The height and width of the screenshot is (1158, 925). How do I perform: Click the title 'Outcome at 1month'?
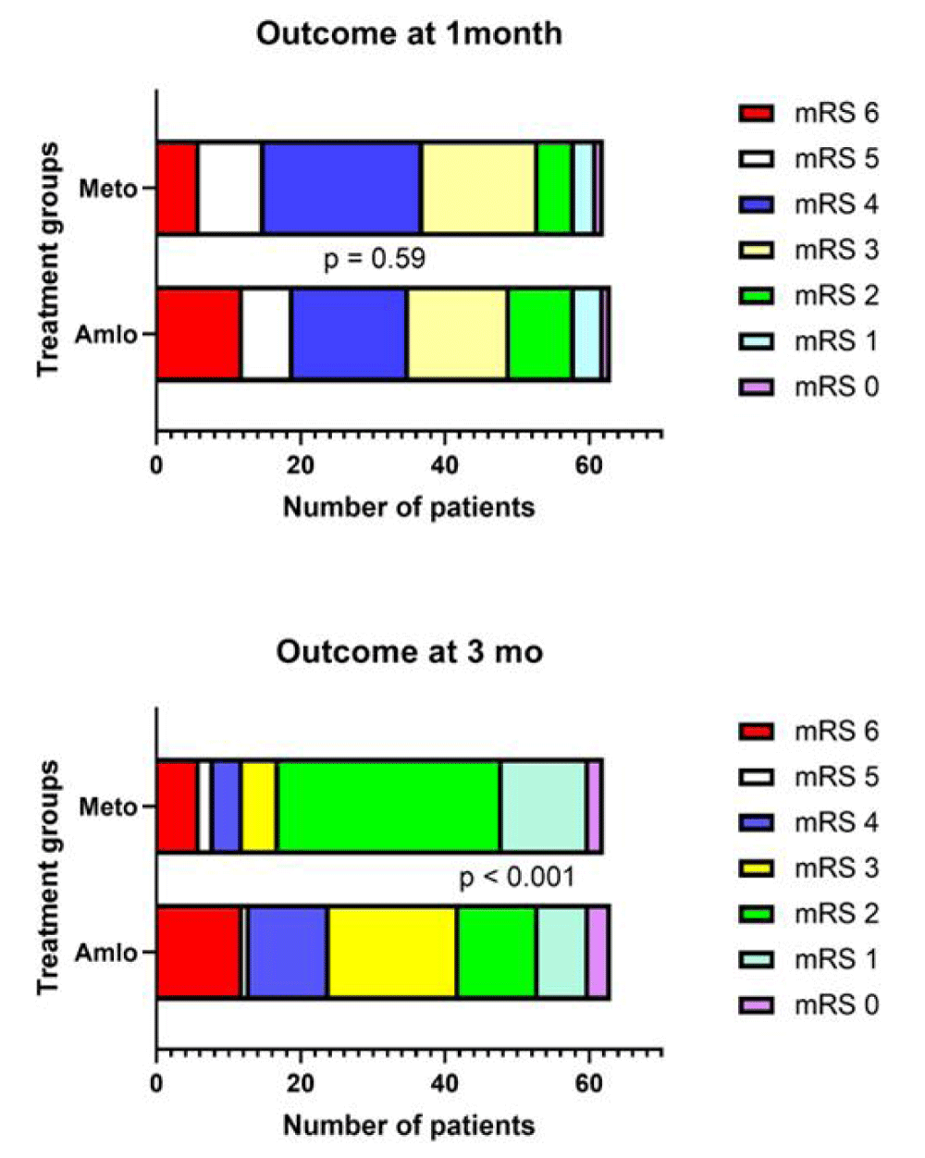tap(409, 34)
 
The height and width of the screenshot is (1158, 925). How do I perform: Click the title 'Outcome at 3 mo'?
tap(409, 652)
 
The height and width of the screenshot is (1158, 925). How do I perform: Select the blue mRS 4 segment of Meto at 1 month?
tap(341, 189)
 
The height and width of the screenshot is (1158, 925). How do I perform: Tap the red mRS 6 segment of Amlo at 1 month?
tap(198, 334)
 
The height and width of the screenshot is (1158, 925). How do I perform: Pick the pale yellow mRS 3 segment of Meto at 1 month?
tap(478, 189)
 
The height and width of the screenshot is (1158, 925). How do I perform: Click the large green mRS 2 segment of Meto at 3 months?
tap(388, 807)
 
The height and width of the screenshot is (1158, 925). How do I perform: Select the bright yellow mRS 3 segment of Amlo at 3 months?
tap(391, 952)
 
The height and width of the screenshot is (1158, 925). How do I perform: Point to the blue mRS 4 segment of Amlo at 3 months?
tap(287, 952)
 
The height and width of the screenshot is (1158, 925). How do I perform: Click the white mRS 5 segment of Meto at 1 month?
tap(229, 189)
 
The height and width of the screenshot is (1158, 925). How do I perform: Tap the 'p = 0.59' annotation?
tap(374, 259)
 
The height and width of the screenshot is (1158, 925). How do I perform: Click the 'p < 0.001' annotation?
tap(516, 877)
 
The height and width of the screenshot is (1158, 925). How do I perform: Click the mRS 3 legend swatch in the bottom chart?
tap(756, 868)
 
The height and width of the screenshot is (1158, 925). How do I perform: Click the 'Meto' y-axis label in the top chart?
tap(107, 189)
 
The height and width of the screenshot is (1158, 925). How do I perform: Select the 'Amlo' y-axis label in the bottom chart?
tap(105, 952)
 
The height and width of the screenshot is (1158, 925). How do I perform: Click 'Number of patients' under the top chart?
tap(409, 507)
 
